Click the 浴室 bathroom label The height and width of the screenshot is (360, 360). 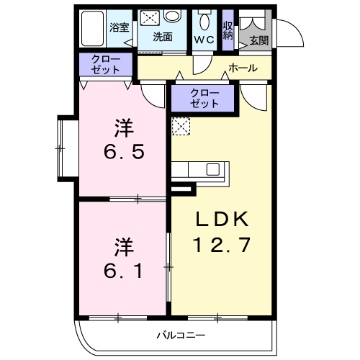tap(120, 27)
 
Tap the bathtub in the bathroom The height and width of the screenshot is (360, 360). tap(92, 29)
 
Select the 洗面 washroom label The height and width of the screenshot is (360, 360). tap(163, 37)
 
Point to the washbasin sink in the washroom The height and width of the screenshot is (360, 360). tap(172, 16)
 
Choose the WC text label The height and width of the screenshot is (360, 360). tap(204, 40)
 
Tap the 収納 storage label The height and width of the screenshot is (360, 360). tap(228, 30)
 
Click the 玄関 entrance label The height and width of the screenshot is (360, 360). tap(259, 40)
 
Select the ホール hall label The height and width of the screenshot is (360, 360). tap(243, 68)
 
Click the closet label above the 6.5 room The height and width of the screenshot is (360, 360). tap(106, 64)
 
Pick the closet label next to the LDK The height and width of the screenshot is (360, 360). tap(204, 98)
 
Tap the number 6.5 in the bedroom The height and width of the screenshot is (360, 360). tap(124, 151)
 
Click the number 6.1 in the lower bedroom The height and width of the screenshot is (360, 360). tap(123, 271)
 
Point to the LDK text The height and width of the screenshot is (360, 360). tap(222, 219)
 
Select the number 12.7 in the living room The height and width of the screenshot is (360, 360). tap(222, 245)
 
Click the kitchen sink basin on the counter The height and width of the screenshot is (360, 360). tap(213, 169)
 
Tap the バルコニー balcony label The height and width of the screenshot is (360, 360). tap(181, 335)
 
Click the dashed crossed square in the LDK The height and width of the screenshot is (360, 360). tap(181, 126)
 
